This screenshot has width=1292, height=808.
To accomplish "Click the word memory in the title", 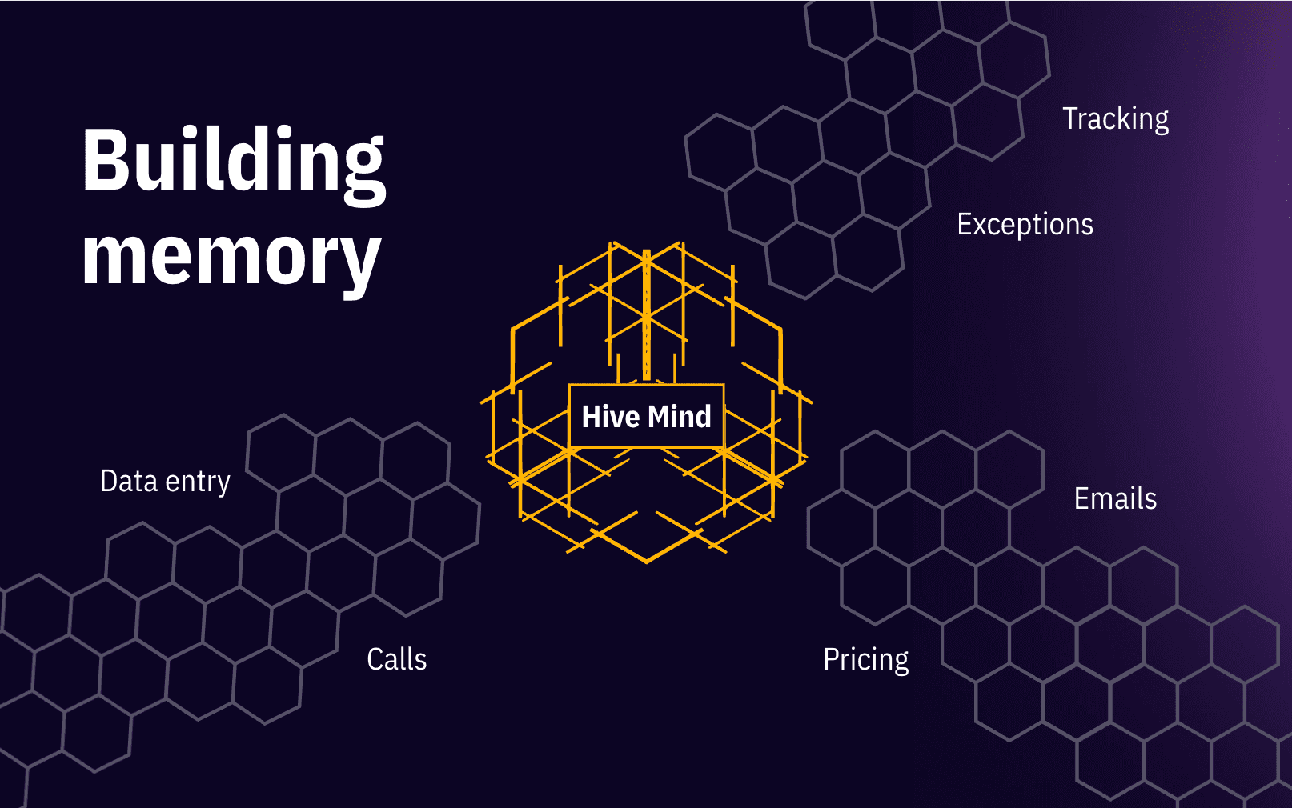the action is [x=231, y=258].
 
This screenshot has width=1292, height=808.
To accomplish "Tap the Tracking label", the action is [x=1115, y=119].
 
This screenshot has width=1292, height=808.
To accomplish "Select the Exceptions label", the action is [x=1025, y=225].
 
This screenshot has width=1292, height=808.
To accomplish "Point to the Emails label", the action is [x=1115, y=499].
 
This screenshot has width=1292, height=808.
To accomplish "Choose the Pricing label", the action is [x=865, y=660].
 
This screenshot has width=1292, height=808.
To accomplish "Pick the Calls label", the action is [x=396, y=660].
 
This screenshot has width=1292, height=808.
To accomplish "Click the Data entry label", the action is [x=165, y=482].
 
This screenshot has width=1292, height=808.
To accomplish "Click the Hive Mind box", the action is [x=646, y=416].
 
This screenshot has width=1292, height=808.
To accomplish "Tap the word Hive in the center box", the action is [x=610, y=417].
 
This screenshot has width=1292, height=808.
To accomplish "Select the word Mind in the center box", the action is [x=680, y=417].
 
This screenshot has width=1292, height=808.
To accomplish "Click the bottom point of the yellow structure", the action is [x=647, y=561].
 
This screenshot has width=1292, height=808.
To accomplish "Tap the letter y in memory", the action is [x=359, y=264].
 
